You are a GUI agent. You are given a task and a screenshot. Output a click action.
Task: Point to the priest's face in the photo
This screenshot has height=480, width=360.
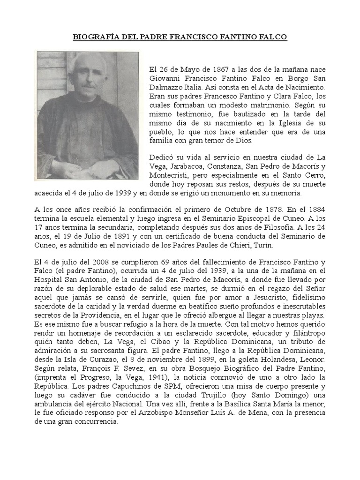pos(89,77)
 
